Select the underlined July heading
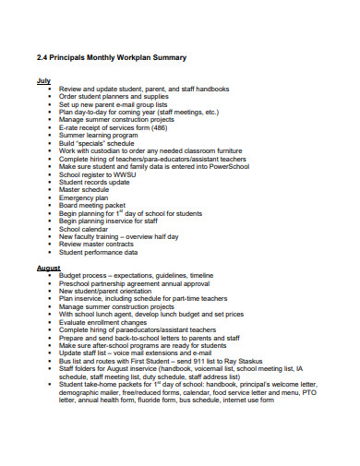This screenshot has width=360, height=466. tap(42, 80)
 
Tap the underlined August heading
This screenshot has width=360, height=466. tap(48, 268)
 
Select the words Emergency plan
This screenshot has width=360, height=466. tap(84, 222)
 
